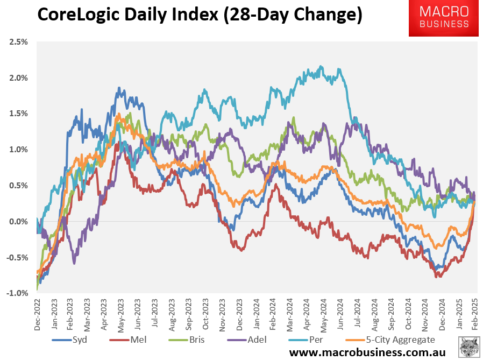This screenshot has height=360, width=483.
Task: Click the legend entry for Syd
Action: [x=79, y=340]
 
